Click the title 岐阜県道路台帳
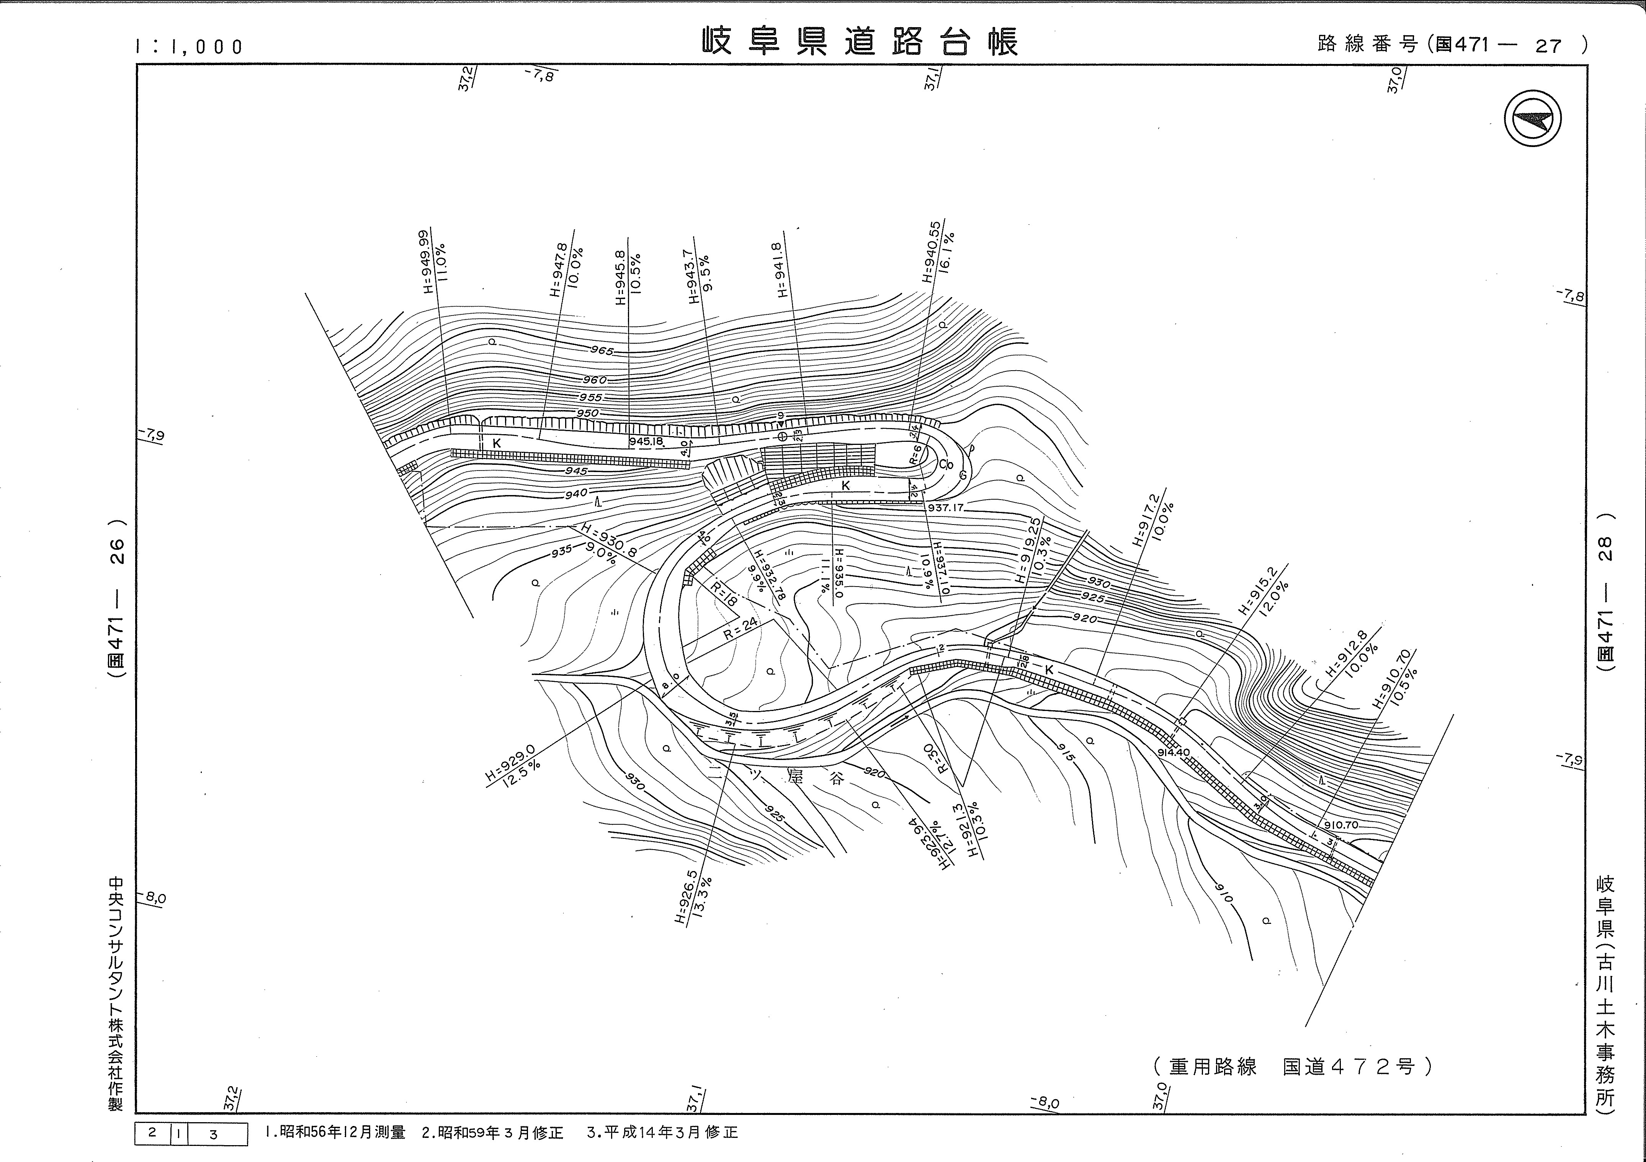[859, 42]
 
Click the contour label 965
[602, 351]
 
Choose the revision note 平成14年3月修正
[662, 1133]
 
